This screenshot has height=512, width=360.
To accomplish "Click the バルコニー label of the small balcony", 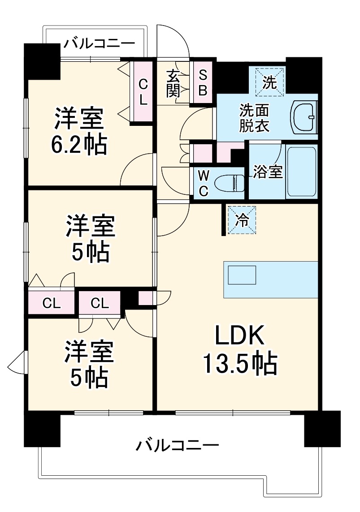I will pos(99,44).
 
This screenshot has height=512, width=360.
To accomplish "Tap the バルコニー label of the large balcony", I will pos(178,445).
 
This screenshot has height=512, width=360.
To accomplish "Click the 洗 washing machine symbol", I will pos(269,82).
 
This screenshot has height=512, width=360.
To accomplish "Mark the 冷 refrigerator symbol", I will pos(242,220).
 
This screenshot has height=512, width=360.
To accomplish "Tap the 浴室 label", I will pos(268,172).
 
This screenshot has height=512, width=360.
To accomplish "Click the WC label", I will pos(203,182).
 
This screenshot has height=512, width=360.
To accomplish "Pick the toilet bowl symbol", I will pos(229,183).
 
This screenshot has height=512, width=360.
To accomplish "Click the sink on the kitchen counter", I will pos(242,275).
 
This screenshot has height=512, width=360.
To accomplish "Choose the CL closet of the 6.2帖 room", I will pos(143,91).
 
